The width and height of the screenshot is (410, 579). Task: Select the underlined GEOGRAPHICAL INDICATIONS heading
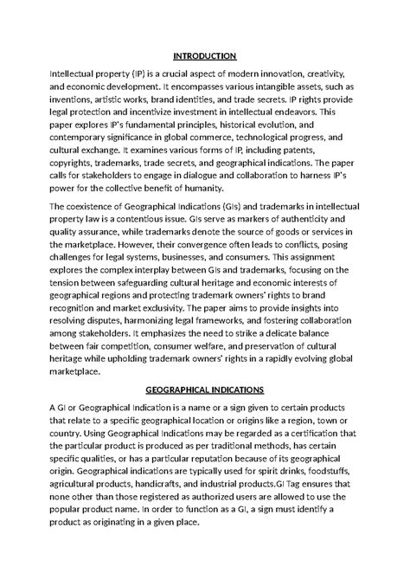coord(205,389)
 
